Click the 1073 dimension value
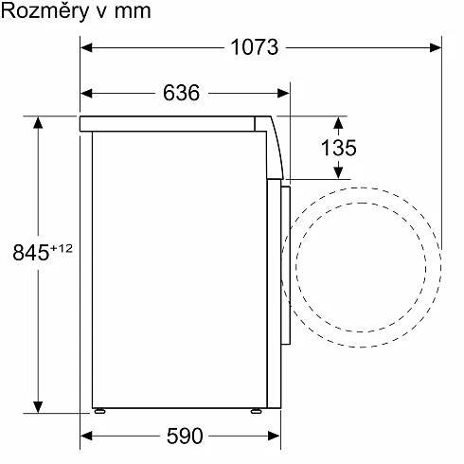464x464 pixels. [x=255, y=47]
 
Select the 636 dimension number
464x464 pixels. [x=181, y=93]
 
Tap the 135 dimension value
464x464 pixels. [x=339, y=148]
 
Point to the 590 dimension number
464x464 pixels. [x=185, y=436]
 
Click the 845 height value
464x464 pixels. [x=31, y=252]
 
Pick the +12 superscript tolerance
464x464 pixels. [x=62, y=248]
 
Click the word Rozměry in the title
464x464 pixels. [x=45, y=11]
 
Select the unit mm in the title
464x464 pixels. [x=133, y=12]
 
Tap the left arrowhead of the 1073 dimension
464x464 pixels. [x=86, y=47]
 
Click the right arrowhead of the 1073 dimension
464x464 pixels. [x=436, y=47]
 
